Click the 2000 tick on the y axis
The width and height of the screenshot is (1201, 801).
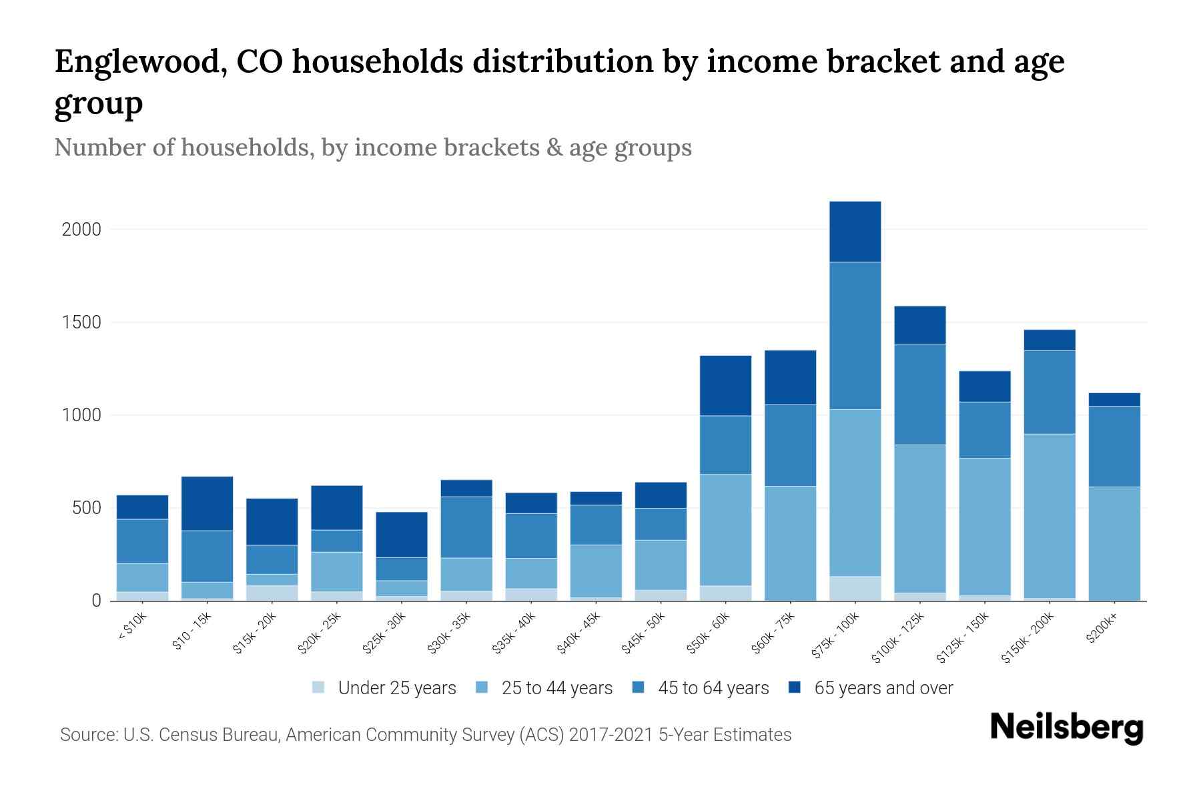81,230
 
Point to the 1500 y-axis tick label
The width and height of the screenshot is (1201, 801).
81,322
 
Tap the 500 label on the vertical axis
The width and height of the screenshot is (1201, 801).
87,509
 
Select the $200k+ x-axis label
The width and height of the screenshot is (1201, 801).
1101,630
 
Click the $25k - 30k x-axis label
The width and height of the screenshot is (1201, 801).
384,635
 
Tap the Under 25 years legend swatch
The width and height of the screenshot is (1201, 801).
319,688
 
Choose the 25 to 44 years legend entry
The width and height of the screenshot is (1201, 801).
556,688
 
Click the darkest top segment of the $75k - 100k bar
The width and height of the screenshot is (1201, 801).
855,232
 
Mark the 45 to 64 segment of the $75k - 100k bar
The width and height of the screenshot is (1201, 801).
855,336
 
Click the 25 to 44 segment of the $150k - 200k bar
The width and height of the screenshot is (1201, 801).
1050,515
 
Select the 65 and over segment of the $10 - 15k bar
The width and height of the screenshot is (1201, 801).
207,503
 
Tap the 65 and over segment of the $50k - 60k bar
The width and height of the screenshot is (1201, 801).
725,385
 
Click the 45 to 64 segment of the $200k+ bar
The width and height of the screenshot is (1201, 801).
1114,446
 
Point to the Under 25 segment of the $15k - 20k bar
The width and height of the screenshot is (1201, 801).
272,593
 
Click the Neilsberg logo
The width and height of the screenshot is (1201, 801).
1066,728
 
